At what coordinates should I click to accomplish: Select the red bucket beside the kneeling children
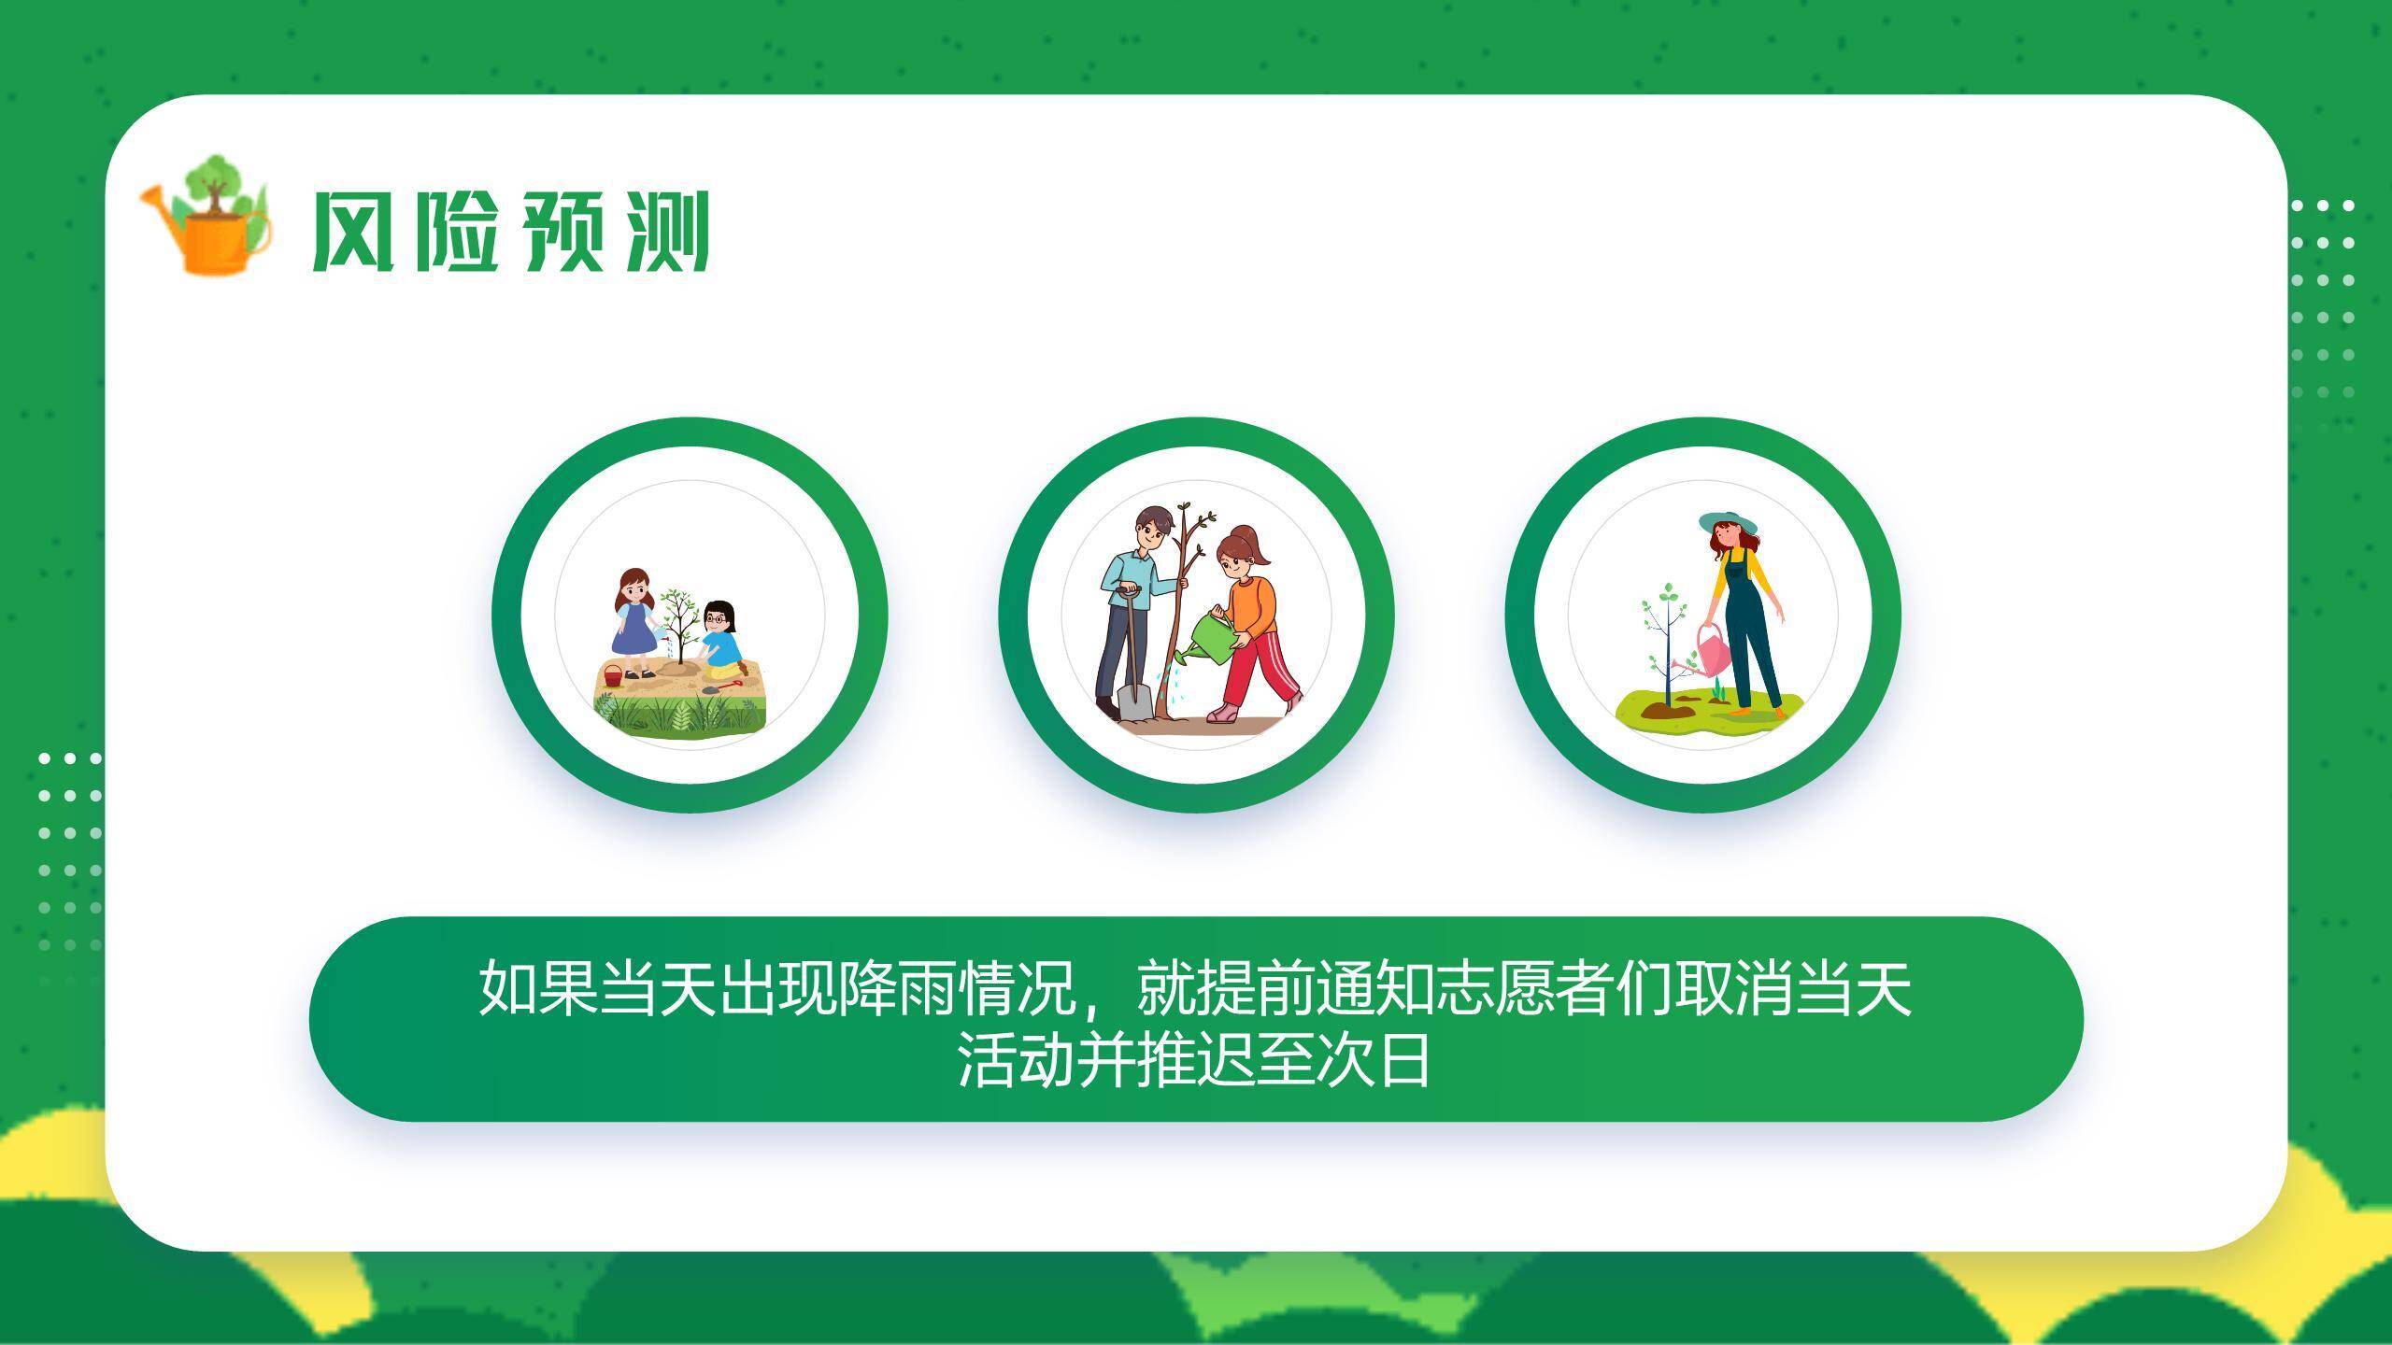[x=612, y=675]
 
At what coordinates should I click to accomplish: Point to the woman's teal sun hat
[x=1728, y=523]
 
